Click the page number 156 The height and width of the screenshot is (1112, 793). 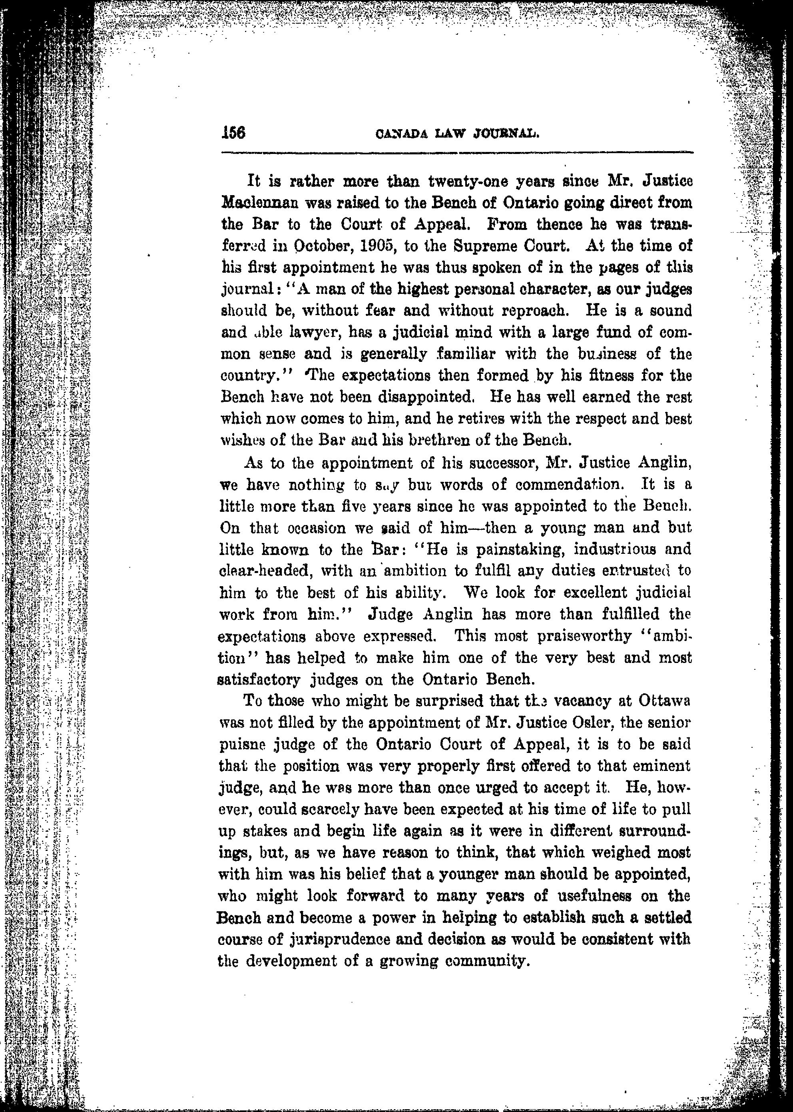tap(233, 132)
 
